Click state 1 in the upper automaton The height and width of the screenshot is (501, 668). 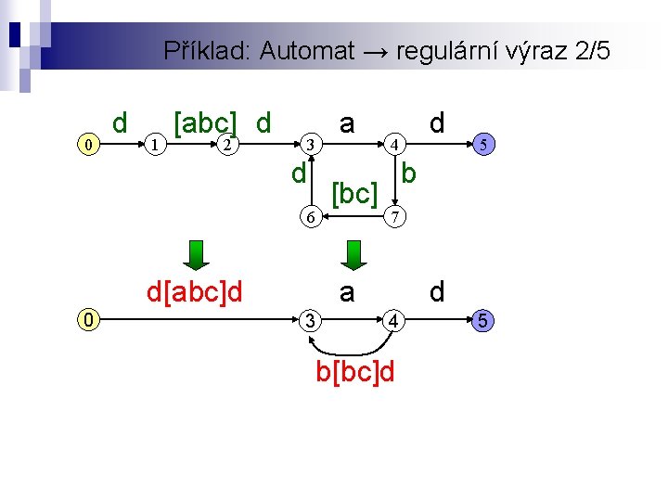[x=158, y=144]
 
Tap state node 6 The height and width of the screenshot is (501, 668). [x=314, y=217]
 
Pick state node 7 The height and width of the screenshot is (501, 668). [x=394, y=217]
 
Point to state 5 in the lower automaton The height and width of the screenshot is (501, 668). [x=482, y=321]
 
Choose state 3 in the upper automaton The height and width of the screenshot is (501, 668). [x=314, y=144]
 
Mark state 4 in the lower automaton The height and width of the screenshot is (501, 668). [x=394, y=321]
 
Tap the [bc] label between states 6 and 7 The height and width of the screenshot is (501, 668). [x=354, y=194]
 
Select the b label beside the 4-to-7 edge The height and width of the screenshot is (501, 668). [x=409, y=173]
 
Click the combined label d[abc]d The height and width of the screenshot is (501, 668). [x=195, y=293]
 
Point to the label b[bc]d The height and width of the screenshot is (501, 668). [x=355, y=373]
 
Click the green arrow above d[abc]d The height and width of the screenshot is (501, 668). [x=195, y=253]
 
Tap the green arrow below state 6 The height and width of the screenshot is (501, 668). [x=353, y=253]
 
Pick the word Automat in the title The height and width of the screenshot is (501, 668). [x=307, y=51]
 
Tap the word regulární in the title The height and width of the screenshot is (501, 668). [x=449, y=51]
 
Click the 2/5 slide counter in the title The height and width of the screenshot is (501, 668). [x=592, y=51]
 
